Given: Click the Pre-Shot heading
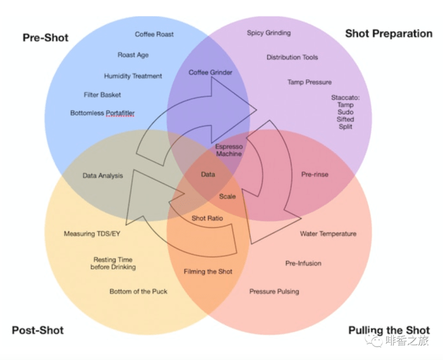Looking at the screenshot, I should point(45,38).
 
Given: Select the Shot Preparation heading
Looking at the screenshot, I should point(388,34).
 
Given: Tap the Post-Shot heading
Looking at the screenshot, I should point(38,331).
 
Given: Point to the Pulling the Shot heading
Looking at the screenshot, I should point(389,331).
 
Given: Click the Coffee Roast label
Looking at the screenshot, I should point(154,34).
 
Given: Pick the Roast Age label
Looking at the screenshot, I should point(133,55).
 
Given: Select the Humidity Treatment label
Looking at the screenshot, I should point(133,76).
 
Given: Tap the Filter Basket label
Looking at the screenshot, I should point(102,94).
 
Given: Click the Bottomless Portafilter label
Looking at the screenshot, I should point(102,113).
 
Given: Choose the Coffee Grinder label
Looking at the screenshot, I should point(210,72).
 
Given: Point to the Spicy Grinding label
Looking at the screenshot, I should point(269,33).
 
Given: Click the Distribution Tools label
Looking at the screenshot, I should point(292,57).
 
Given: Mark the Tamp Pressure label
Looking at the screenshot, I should point(309,82).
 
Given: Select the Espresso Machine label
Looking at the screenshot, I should point(229,150).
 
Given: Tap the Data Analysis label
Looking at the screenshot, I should point(102,176).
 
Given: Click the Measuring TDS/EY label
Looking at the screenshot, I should point(92,234).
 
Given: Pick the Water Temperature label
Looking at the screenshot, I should point(327,234).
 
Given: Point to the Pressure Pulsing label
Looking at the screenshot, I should point(274,291).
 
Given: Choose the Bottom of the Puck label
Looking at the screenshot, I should point(138,291).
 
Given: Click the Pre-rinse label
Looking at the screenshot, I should point(315,174).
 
